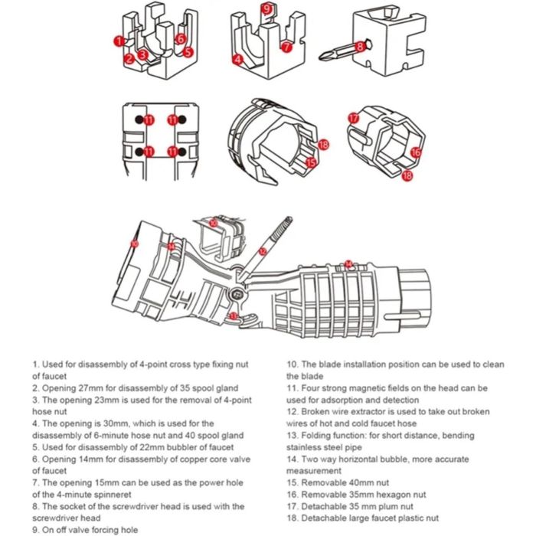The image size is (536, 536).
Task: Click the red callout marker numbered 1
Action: pos(119,41)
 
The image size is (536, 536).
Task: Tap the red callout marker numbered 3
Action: pos(142,55)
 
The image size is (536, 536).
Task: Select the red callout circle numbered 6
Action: pos(181,38)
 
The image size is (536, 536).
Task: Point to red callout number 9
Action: pos(266,8)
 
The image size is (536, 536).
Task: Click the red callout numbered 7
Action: pos(286,47)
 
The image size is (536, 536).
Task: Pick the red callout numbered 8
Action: pos(360,46)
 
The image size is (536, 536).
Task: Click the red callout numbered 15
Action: pos(310,162)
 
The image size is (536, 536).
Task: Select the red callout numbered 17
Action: pos(353,119)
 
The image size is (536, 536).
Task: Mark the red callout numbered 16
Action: pos(416,152)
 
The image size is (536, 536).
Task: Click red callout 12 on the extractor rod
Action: pos(262,251)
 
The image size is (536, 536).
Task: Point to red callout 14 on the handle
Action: pos(348,264)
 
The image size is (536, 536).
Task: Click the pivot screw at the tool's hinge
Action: pos(237,293)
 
